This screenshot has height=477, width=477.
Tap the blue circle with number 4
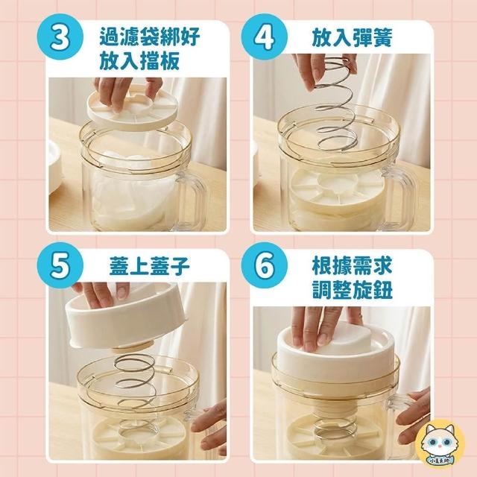(264, 37)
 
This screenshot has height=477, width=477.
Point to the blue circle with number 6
(264, 265)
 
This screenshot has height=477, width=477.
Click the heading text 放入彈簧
(353, 38)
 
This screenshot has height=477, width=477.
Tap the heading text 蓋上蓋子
(149, 265)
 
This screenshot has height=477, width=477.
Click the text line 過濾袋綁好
(149, 37)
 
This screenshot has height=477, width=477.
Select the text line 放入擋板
(139, 61)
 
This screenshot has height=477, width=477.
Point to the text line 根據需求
(353, 265)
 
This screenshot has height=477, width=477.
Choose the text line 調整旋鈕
(353, 290)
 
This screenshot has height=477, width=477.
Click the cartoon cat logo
(440, 443)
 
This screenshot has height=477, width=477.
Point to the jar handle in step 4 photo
(399, 195)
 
